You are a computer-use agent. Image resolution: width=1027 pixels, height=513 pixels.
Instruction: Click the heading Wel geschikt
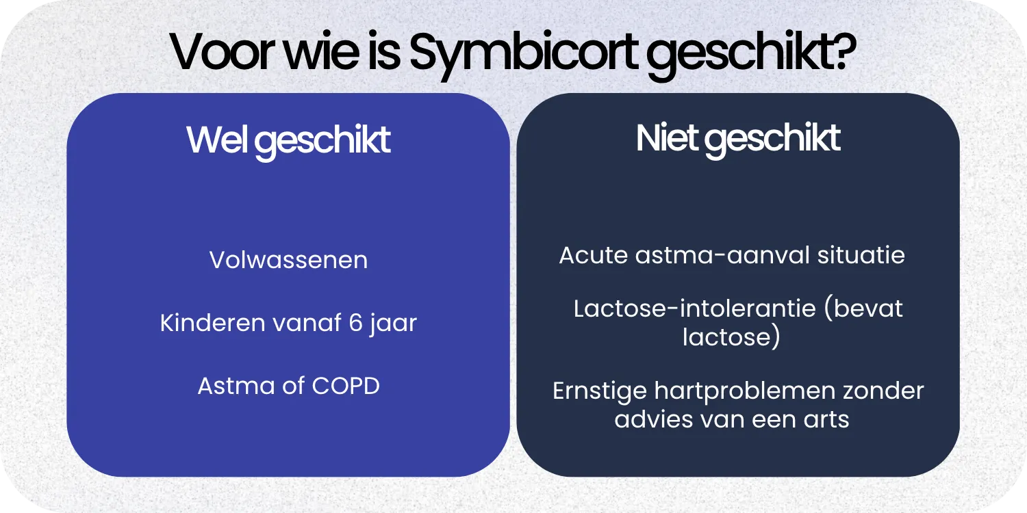[x=288, y=140]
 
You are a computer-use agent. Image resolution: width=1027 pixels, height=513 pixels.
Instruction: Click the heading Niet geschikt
[x=738, y=139]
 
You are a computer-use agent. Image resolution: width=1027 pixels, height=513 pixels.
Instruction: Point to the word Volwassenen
[x=288, y=260]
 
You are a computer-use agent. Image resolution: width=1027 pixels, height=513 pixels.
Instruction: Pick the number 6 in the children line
[x=355, y=323]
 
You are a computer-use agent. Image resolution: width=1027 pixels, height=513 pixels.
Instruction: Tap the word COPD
[x=346, y=386]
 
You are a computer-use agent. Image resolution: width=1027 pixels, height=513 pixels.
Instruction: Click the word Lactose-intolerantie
[x=695, y=308]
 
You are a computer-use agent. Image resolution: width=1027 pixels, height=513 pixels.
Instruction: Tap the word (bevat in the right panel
[x=863, y=308]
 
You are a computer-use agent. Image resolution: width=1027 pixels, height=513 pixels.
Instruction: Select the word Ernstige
[x=600, y=391]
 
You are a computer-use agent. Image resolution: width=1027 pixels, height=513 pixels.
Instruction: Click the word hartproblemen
[x=746, y=391]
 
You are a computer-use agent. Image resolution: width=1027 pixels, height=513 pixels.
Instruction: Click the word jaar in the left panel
[x=394, y=324]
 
